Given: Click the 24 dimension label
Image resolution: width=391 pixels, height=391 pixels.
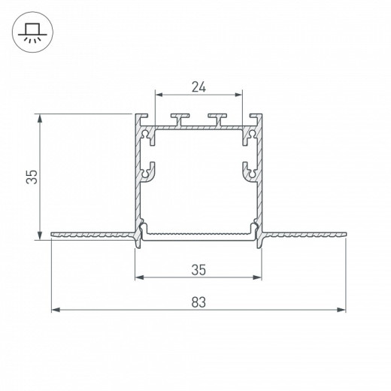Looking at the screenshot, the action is click(199, 87).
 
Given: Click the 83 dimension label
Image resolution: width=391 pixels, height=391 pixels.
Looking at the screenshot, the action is click(199, 302).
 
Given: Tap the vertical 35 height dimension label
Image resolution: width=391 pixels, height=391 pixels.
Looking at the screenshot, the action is click(32, 177).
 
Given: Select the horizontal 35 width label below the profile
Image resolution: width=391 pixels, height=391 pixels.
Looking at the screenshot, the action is click(199, 270).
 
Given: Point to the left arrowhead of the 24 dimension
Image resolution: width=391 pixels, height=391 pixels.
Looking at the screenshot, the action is click(159, 95).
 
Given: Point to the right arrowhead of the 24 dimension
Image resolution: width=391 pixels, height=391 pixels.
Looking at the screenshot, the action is click(238, 95).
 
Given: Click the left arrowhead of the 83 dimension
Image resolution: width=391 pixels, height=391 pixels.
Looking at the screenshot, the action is click(56, 310).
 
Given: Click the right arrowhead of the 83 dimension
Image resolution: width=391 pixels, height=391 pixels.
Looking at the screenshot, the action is click(341, 310).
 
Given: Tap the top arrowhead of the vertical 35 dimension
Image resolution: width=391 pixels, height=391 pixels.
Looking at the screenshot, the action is click(40, 118).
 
